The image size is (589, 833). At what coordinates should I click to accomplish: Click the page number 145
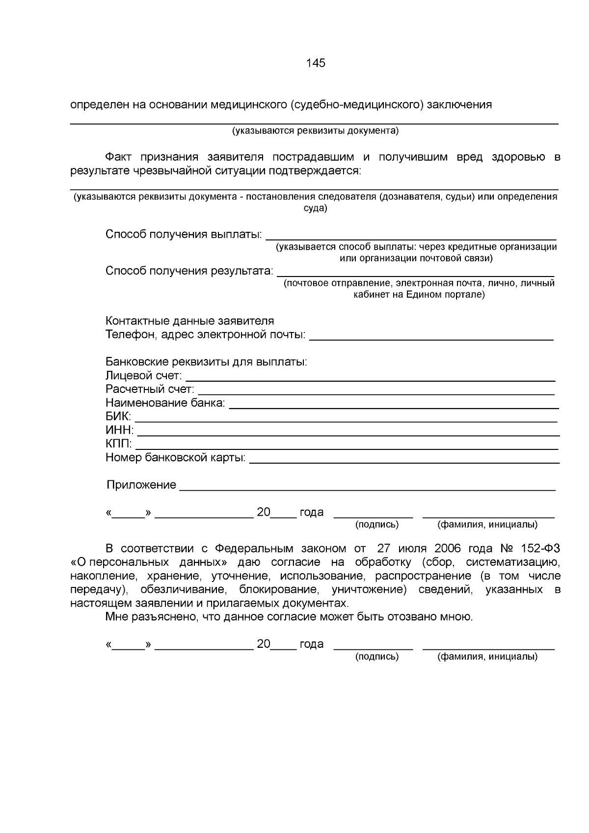tap(316, 63)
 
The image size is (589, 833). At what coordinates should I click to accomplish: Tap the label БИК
tap(118, 417)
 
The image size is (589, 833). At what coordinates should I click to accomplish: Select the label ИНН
tap(119, 431)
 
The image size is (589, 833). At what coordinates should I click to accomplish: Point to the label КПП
tap(118, 444)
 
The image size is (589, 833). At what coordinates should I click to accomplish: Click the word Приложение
tap(141, 485)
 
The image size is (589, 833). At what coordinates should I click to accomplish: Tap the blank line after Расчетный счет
tap(376, 393)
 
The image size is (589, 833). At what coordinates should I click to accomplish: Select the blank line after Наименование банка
tap(394, 407)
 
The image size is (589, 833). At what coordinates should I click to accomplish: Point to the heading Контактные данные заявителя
tap(189, 321)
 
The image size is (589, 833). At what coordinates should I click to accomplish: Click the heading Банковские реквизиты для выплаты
tap(206, 362)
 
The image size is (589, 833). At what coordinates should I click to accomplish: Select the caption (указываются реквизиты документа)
tap(315, 131)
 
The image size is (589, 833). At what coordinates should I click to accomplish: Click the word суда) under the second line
tap(315, 208)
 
